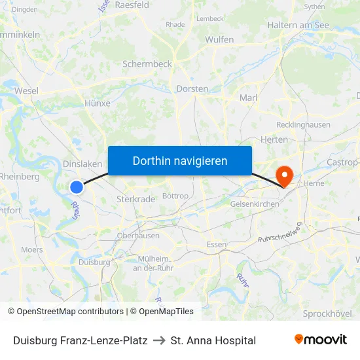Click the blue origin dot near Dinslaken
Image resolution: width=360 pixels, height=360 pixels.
(77, 187)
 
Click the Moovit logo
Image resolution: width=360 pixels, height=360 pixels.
(321, 340)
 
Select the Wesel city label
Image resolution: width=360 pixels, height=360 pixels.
(26, 91)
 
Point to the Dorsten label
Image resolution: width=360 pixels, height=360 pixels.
(192, 88)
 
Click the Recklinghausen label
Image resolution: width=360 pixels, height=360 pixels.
(304, 124)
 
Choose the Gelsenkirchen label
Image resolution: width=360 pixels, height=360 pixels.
(255, 204)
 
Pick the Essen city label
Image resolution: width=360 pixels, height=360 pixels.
(216, 245)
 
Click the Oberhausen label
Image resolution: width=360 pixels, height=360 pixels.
(138, 236)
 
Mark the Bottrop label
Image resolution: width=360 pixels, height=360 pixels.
(175, 196)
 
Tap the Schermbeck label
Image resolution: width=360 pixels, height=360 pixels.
(147, 64)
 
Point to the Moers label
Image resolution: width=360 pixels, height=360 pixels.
(31, 249)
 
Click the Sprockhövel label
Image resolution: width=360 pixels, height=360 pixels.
(327, 314)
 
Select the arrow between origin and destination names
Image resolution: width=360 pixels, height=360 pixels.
(159, 340)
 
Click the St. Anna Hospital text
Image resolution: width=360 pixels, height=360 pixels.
(213, 340)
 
